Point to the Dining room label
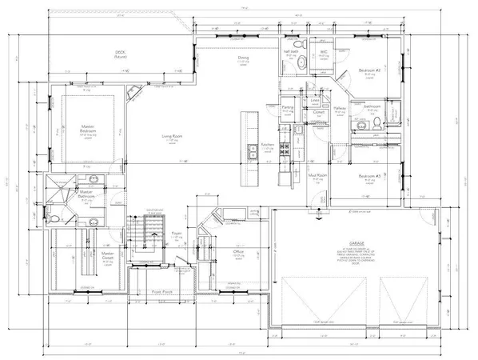click(244, 58)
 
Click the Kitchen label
click(267, 145)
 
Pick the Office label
click(237, 253)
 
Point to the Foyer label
click(177, 234)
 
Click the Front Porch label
click(163, 293)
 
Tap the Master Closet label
click(107, 255)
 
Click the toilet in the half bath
click(296, 45)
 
